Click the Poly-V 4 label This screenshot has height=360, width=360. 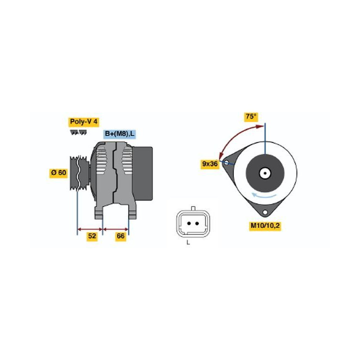tap(84, 122)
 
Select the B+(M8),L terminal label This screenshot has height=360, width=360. tap(119, 134)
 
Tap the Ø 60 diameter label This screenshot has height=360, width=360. tap(58, 172)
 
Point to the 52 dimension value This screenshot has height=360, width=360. tap(92, 236)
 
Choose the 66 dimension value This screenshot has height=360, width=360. tap(121, 236)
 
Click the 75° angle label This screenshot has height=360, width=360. tap(251, 116)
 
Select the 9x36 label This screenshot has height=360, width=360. tap(210, 164)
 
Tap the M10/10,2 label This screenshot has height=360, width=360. tap(265, 225)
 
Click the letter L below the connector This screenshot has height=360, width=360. tap(188, 242)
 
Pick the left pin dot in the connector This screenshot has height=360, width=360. tap(189, 223)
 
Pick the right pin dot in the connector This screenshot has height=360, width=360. tap(197, 223)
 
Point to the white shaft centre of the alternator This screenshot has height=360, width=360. tap(265, 173)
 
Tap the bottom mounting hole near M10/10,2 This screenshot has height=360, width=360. tap(265, 212)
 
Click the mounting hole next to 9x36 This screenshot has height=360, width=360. tap(226, 162)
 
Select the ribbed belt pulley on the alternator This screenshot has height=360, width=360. tap(79, 173)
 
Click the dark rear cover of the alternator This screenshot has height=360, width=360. tap(142, 173)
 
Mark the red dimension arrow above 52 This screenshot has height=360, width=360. tap(90, 229)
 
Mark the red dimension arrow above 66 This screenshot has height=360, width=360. tap(115, 229)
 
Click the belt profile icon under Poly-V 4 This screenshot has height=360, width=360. tap(78, 132)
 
